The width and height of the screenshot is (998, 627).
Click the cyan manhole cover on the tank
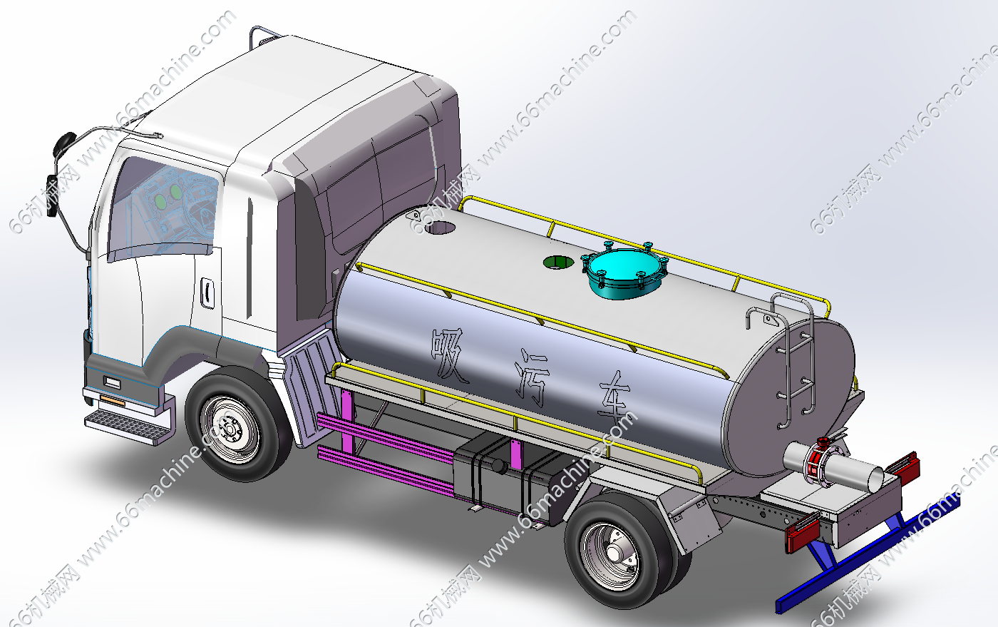point(624,271)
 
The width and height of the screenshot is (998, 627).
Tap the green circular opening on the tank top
point(558,262)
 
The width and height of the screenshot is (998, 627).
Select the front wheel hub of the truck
point(230,429)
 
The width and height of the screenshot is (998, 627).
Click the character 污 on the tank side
point(532,378)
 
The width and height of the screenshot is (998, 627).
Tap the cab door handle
point(207,292)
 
